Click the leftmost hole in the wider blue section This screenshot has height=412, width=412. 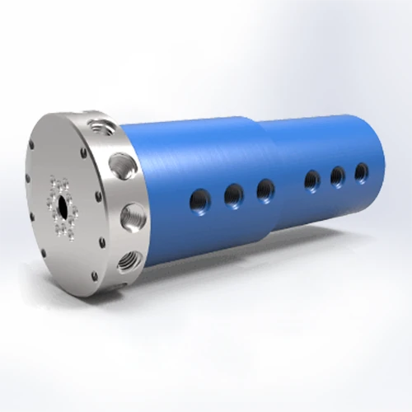[200, 198]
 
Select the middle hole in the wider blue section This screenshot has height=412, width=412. [233, 194]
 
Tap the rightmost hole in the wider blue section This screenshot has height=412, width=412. [265, 190]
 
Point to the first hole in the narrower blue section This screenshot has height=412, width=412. [312, 179]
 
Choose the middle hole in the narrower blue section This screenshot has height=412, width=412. [337, 176]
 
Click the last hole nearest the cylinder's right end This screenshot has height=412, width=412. [361, 171]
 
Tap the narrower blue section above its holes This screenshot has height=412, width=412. [330, 140]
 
